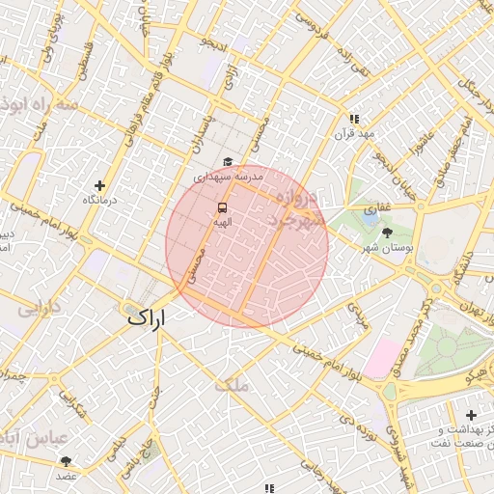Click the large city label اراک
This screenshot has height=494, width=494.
coord(147,316)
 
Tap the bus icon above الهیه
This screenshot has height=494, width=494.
coord(223,206)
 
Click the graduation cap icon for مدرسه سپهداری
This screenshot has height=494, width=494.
coord(228,162)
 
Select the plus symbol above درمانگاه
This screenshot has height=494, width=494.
coord(99,184)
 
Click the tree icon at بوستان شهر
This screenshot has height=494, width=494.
coord(387,233)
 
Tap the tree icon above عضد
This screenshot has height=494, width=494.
coord(66,461)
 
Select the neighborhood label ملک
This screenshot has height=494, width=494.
coord(233,385)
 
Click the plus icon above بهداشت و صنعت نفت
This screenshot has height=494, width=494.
coord(470,415)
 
